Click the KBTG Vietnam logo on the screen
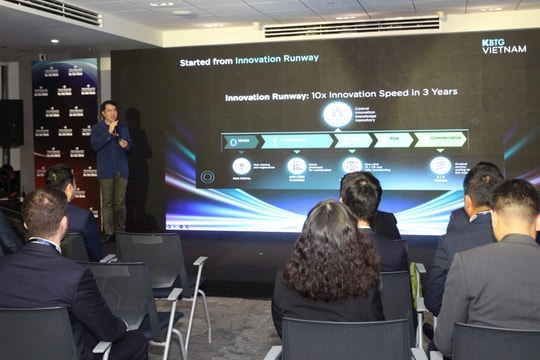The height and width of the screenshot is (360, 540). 503,45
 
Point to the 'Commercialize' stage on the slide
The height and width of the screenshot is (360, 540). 440,140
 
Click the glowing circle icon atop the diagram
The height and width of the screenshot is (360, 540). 337,113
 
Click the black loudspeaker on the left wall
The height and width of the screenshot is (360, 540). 10,123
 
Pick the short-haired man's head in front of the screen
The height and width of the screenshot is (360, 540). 360,195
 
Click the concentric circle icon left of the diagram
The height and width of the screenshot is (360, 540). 207,177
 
